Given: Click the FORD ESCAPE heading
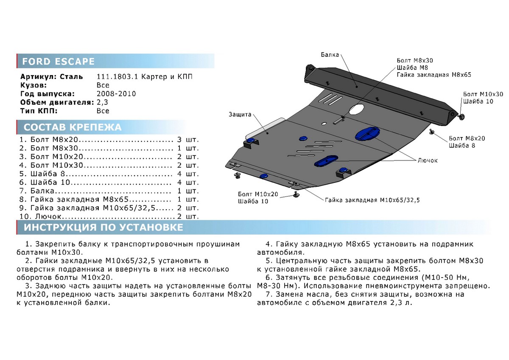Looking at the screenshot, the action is (x=58, y=62).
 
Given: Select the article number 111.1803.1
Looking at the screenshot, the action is (x=117, y=77).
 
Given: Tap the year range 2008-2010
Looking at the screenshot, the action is (x=116, y=94).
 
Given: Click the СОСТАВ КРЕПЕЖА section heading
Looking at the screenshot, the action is (x=73, y=127).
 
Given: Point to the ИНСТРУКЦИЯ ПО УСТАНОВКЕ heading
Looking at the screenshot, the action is (x=103, y=227).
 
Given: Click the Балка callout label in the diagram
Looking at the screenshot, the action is (x=330, y=55).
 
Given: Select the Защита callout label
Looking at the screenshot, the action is (x=240, y=114).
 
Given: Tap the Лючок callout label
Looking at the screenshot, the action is (x=428, y=160).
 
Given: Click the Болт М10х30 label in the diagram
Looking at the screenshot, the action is (x=483, y=94).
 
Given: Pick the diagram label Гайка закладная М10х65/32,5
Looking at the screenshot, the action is (x=372, y=200).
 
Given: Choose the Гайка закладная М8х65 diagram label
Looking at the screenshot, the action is (x=434, y=75).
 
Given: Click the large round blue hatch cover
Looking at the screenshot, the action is (x=436, y=136).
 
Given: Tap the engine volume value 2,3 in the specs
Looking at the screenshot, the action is (x=102, y=103).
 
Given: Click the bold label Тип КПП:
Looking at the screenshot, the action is (x=39, y=111).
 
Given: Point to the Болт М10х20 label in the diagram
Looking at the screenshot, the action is (x=258, y=194).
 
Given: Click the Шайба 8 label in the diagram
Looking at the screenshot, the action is (x=462, y=146).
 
